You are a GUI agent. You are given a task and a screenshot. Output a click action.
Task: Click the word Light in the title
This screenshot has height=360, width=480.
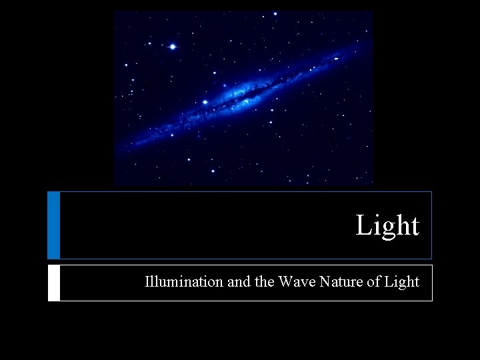click(x=387, y=226)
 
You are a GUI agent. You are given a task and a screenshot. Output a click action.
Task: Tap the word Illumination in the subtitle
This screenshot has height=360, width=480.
click(x=184, y=282)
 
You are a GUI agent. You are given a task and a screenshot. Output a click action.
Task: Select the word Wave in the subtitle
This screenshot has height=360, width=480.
click(x=297, y=282)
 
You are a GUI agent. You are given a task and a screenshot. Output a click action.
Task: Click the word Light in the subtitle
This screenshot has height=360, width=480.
click(x=401, y=282)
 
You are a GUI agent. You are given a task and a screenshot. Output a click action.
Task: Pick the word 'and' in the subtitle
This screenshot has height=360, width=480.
click(x=238, y=282)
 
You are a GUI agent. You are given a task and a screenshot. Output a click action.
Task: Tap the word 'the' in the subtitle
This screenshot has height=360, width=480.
click(x=263, y=282)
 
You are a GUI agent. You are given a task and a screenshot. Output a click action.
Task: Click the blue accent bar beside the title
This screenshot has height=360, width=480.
click(x=53, y=225)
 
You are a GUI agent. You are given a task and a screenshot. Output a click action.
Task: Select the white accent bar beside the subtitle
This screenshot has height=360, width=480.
click(x=53, y=283)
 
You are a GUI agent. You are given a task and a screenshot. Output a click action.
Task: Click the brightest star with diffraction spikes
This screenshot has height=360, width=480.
click(x=173, y=47)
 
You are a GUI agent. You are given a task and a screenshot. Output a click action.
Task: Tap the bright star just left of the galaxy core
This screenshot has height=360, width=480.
click(x=205, y=102)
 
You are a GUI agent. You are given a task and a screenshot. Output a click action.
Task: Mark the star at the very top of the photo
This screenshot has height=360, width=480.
click(x=275, y=13)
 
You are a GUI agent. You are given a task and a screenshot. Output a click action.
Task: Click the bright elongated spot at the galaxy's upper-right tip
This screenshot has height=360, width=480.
click(x=336, y=59)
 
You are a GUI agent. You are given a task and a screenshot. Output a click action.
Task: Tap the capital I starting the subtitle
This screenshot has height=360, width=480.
click(x=147, y=282)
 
